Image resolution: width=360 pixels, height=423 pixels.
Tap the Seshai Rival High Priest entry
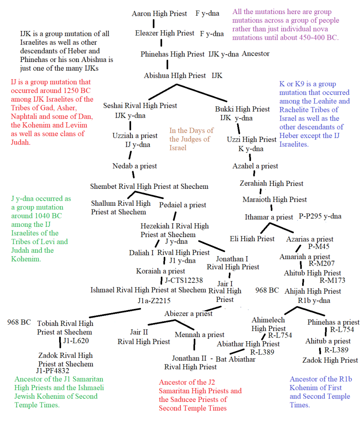click(140, 106)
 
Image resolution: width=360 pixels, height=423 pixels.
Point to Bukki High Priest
click(242, 109)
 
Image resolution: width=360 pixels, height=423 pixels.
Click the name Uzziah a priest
click(135, 135)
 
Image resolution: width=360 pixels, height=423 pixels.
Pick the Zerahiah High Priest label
click(272, 183)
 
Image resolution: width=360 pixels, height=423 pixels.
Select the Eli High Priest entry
click(252, 239)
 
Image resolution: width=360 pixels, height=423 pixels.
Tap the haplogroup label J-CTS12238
click(184, 280)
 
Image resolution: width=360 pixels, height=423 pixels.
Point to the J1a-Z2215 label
click(154, 301)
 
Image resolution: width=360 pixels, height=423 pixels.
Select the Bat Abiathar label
click(235, 359)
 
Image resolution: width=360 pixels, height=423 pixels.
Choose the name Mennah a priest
click(200, 335)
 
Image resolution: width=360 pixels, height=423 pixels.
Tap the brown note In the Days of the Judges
click(191, 139)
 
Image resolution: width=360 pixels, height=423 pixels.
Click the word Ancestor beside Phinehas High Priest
click(255, 54)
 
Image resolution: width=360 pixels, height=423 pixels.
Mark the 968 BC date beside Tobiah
click(19, 322)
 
